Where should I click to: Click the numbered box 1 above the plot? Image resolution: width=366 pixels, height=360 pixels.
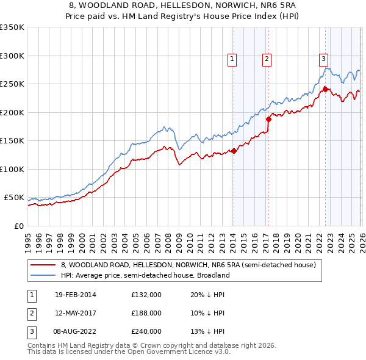[232, 59]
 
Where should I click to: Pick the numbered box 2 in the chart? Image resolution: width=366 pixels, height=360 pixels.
[267, 59]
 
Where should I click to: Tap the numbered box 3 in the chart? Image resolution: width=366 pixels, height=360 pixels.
[323, 59]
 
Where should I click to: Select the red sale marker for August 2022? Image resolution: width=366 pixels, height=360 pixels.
[325, 89]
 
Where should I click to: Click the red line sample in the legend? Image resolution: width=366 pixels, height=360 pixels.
[43, 265]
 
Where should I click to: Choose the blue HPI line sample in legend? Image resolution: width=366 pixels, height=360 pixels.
[43, 275]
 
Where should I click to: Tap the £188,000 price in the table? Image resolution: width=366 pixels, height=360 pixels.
[146, 313]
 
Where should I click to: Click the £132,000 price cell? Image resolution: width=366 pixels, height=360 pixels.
[146, 295]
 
